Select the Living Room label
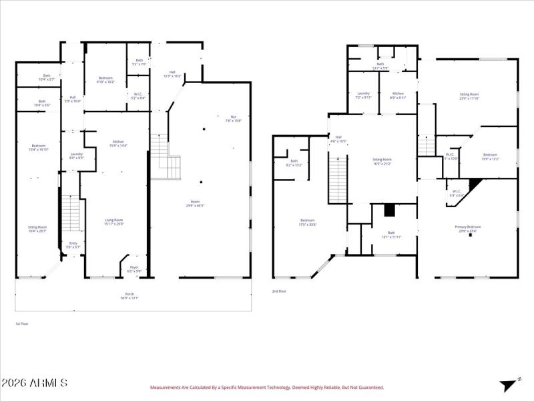(x=113, y=221)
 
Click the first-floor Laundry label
(x=76, y=155)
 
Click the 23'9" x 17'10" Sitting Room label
(x=469, y=96)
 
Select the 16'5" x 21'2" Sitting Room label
(x=382, y=161)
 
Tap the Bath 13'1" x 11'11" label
(x=391, y=234)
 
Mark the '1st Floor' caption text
(x=22, y=323)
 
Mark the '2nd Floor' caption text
(x=279, y=291)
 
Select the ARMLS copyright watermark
(x=34, y=383)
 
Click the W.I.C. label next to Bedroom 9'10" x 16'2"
(x=137, y=96)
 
